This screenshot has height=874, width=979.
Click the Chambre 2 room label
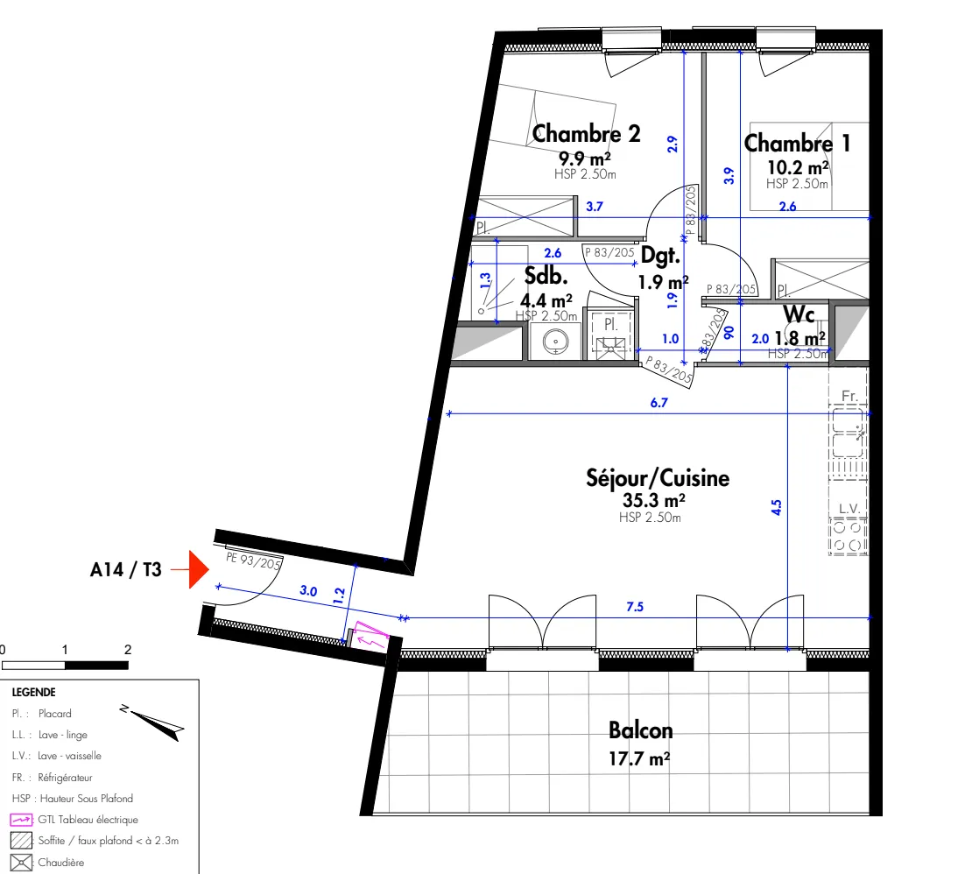(586, 134)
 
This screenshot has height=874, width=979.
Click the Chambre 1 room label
(797, 143)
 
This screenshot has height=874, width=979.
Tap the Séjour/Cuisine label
(657, 478)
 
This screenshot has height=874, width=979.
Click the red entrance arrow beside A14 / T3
(197, 569)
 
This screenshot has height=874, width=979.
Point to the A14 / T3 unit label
(126, 569)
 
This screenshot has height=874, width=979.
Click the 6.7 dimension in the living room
(660, 404)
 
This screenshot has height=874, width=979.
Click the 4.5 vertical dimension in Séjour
(776, 508)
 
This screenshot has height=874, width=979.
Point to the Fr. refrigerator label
(849, 397)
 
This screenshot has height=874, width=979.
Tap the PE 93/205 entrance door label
(253, 560)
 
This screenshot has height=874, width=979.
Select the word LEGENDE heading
(33, 692)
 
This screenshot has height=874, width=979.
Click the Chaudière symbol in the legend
(21, 863)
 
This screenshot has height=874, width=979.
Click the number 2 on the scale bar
(128, 650)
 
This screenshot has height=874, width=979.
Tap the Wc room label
(799, 313)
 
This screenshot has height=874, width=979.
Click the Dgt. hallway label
(660, 256)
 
